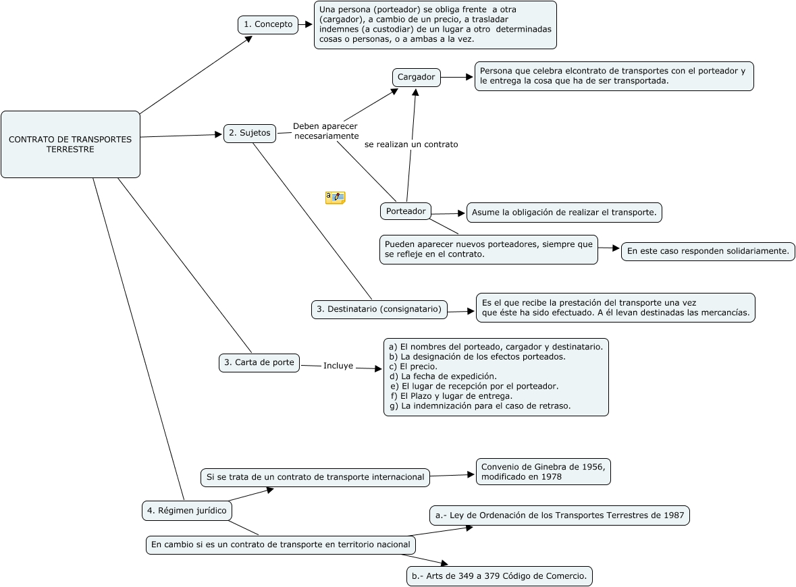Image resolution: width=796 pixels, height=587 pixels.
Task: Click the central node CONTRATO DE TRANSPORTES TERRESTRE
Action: [70, 144]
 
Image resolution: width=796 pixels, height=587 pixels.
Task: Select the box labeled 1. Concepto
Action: [268, 24]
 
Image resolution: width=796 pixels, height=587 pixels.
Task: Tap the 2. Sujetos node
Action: [250, 133]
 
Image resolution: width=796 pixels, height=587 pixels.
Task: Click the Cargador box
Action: [416, 77]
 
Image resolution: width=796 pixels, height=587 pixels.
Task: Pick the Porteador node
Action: [406, 211]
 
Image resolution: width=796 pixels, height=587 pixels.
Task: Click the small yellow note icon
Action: [335, 197]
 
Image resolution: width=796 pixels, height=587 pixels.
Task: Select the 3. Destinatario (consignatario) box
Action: [379, 309]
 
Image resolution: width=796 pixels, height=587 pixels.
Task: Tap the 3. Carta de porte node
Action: [259, 362]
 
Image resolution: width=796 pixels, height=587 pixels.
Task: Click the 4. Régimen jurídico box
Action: [187, 511]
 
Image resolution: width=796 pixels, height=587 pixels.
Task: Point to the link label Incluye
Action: [338, 366]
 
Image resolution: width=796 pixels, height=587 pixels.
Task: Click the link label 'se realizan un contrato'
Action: [411, 144]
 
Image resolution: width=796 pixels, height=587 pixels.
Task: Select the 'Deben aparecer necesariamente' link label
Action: [325, 131]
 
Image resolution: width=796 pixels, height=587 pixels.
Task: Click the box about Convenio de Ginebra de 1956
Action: [543, 472]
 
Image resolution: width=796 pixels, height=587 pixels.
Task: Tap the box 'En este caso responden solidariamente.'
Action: [708, 251]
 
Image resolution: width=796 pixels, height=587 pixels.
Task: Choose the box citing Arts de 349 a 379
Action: [500, 576]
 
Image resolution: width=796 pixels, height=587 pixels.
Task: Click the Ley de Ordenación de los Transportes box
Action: [560, 515]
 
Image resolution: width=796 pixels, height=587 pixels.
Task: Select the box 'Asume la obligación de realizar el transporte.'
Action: [564, 213]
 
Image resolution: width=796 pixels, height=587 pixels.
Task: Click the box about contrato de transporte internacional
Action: [315, 477]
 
